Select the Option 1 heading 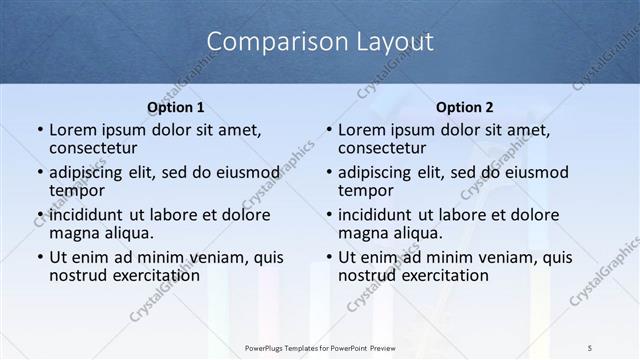pyautogui.click(x=176, y=107)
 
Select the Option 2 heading pyautogui.click(x=465, y=107)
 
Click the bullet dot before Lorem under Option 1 pyautogui.click(x=39, y=131)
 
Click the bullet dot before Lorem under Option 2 pyautogui.click(x=328, y=131)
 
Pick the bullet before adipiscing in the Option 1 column pyautogui.click(x=39, y=173)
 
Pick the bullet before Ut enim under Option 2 pyautogui.click(x=328, y=257)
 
